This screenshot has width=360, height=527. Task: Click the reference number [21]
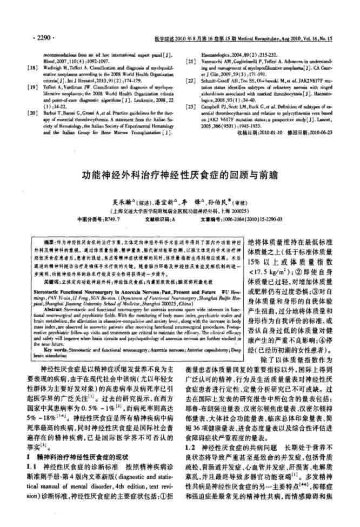(190, 62)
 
